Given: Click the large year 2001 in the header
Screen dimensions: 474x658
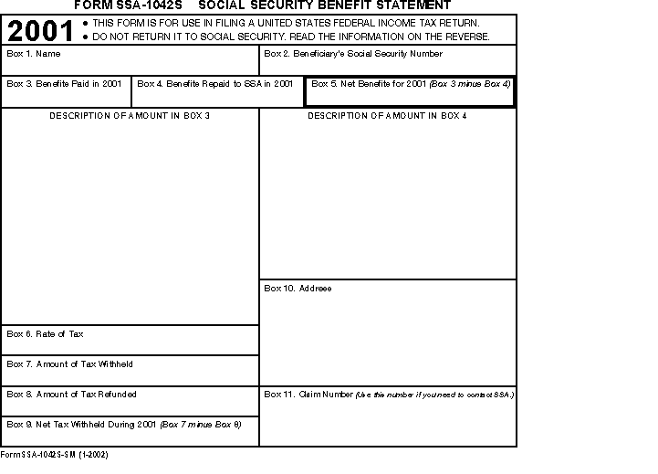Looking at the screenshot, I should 41,31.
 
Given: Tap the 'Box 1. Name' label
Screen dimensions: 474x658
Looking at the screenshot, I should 34,54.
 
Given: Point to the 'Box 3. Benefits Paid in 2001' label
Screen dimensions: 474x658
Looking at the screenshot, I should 64,83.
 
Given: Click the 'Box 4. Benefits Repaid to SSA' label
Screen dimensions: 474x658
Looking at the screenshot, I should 215,83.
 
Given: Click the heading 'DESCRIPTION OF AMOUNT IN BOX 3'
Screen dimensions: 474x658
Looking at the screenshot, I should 130,116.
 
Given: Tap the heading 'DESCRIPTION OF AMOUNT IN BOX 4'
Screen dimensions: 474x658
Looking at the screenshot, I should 387,116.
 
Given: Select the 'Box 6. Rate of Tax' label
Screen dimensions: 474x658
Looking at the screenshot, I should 45,334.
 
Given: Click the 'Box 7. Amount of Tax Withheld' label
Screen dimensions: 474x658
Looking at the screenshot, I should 69,364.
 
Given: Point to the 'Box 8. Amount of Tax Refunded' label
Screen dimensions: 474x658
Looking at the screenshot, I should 71,395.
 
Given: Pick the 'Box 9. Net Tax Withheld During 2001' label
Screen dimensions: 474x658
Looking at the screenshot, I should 82,424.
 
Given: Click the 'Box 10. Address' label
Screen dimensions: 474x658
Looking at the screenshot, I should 298,289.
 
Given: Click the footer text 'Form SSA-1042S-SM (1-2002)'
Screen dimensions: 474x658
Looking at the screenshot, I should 54,454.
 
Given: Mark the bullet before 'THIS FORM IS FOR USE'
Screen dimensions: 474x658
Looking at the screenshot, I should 85,23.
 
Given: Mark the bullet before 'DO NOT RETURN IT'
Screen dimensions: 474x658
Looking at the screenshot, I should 85,37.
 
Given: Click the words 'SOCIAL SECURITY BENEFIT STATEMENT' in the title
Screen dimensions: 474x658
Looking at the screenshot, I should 324,5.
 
